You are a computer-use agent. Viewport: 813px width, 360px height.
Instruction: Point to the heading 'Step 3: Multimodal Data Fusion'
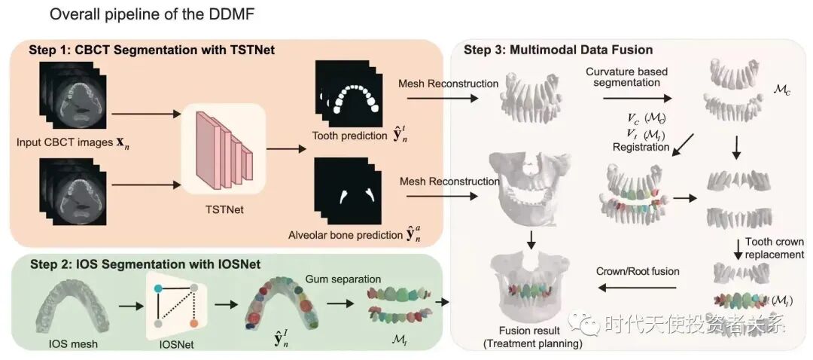pyautogui.click(x=558, y=50)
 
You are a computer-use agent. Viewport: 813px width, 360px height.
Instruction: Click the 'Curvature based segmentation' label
pyautogui.click(x=626, y=77)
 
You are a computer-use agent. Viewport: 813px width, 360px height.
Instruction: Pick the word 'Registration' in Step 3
pyautogui.click(x=641, y=148)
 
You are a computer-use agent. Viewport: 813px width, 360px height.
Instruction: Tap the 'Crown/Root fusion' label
pyautogui.click(x=638, y=271)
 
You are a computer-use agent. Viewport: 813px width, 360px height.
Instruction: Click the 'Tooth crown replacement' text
pyautogui.click(x=774, y=248)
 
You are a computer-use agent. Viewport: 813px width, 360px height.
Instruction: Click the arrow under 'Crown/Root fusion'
pyautogui.click(x=637, y=288)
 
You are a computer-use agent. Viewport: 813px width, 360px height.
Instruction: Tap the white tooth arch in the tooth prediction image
pyautogui.click(x=348, y=96)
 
